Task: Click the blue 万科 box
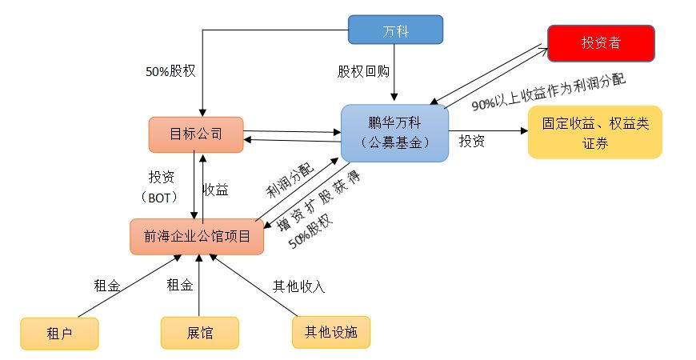pyautogui.click(x=395, y=30)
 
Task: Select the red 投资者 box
pyautogui.click(x=601, y=43)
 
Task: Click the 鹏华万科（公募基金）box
pyautogui.click(x=394, y=133)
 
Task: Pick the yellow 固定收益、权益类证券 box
pyautogui.click(x=594, y=132)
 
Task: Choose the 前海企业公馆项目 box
pyautogui.click(x=197, y=236)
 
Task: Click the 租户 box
pyautogui.click(x=59, y=333)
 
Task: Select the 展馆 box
pyautogui.click(x=199, y=333)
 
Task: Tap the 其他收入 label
pyautogui.click(x=299, y=284)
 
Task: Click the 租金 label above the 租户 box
pyautogui.click(x=108, y=284)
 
